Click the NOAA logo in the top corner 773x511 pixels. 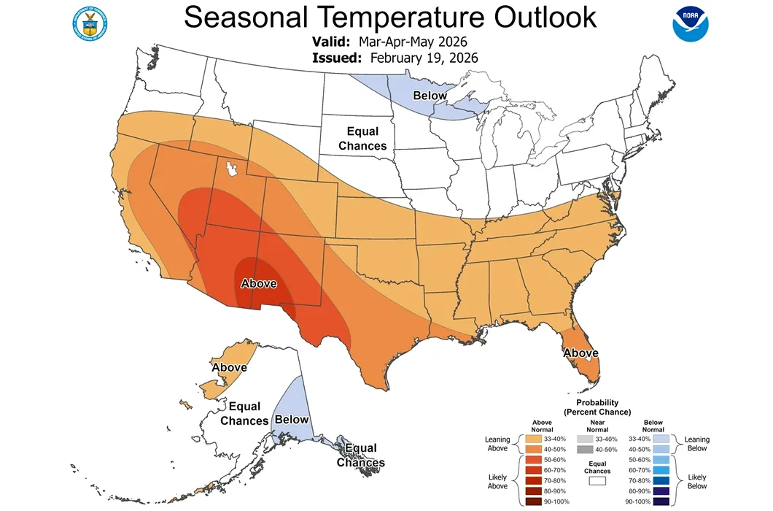691,23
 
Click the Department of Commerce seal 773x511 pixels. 89,24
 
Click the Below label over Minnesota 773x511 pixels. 430,96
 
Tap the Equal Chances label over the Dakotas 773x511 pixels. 362,139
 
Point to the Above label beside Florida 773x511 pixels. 580,353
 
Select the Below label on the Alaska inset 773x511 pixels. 291,420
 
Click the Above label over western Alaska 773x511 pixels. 229,367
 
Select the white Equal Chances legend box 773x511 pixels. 597,481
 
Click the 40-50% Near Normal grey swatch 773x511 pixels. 583,450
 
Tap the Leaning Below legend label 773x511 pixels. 697,444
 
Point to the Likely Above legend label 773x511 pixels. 497,481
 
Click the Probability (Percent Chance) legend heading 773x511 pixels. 597,407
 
